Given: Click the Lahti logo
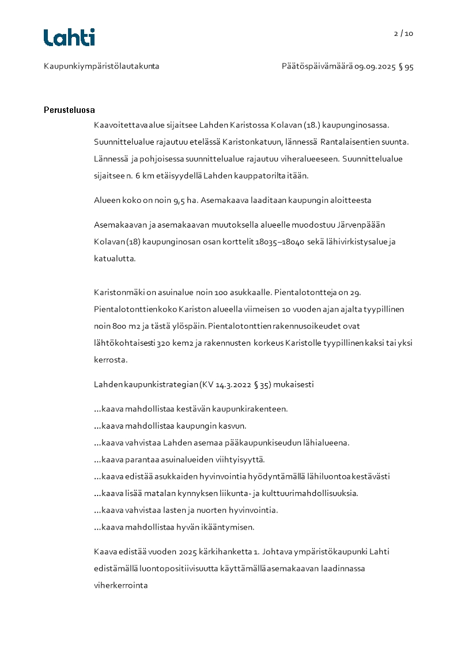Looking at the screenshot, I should click(x=69, y=37).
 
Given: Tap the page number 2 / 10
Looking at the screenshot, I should click(x=403, y=33).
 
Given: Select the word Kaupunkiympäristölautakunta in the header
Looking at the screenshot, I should click(x=101, y=66).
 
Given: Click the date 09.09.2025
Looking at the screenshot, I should click(x=375, y=66).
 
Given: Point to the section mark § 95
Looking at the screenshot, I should click(x=406, y=66).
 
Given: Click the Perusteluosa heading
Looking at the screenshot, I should click(x=69, y=110).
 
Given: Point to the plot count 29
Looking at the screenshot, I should click(x=356, y=292).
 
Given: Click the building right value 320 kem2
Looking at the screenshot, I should click(x=179, y=343).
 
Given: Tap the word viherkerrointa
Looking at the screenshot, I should click(x=121, y=585).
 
